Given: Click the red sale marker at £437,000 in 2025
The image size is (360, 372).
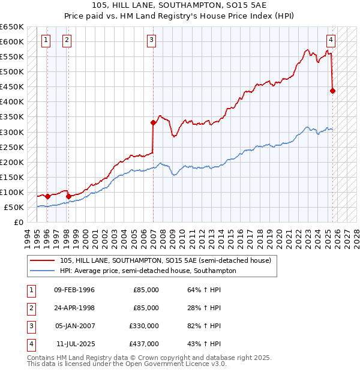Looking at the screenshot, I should (x=333, y=91).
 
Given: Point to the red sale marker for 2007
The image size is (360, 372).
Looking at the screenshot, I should (x=153, y=122).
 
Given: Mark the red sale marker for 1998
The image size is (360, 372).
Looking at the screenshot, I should (x=68, y=196).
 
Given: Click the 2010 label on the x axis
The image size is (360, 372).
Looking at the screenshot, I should (x=182, y=237).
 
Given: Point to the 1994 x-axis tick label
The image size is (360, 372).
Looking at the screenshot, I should (x=27, y=237).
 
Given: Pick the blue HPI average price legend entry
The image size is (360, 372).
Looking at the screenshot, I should (x=148, y=271).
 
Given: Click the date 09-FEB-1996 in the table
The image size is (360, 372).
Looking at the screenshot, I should (x=74, y=290).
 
